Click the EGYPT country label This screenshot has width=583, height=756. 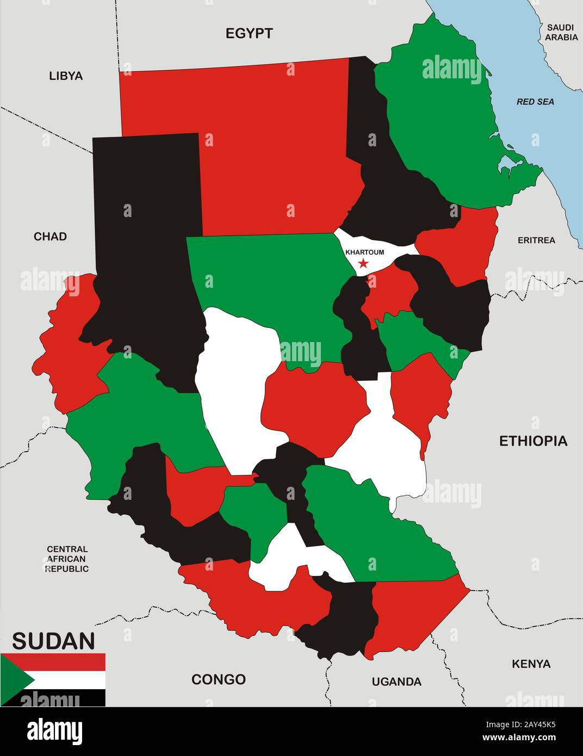[249, 34]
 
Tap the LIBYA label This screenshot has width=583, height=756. [66, 76]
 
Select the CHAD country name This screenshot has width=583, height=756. [50, 236]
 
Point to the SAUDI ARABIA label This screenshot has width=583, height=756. [561, 32]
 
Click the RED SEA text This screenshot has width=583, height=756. [535, 102]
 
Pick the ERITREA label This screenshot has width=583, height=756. [536, 240]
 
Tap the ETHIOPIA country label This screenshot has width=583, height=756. [533, 441]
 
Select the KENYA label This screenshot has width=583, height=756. [531, 664]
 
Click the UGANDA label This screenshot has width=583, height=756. [396, 681]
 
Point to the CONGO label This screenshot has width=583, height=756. [218, 679]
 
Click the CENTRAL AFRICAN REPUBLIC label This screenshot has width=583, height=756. [67, 559]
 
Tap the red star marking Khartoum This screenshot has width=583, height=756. [363, 264]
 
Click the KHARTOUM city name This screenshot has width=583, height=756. [364, 252]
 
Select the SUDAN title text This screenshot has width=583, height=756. [53, 641]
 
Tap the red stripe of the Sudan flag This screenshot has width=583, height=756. [65, 662]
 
